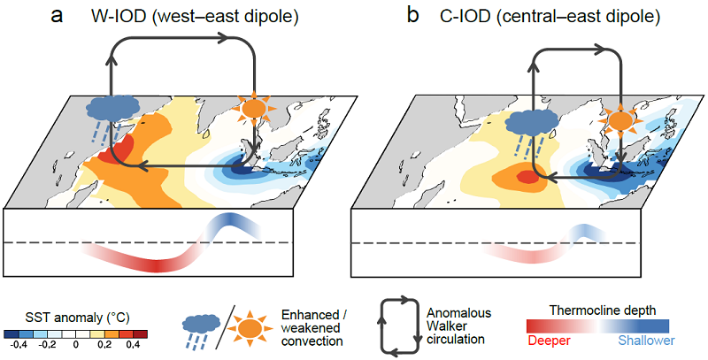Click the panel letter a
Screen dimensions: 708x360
(58, 16)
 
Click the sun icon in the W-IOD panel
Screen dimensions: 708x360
(255, 109)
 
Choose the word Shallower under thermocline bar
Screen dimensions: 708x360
(647, 341)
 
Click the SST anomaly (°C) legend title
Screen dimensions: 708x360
(75, 318)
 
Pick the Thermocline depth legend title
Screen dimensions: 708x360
(603, 310)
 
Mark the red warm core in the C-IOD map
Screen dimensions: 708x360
(526, 176)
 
